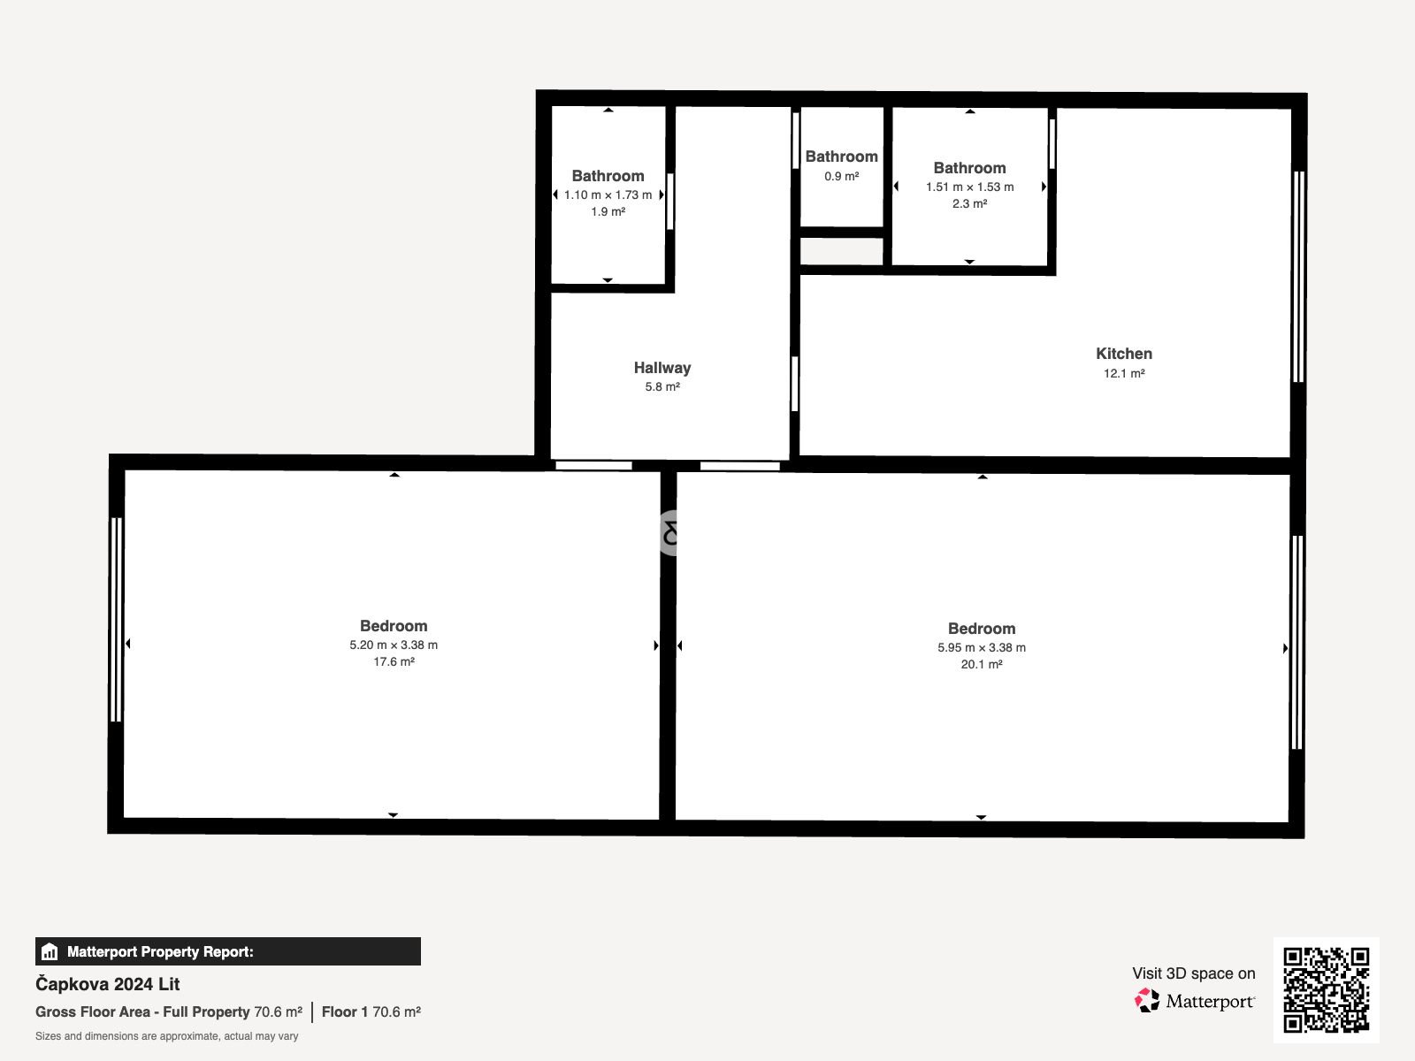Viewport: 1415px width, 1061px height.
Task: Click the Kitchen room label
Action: tap(1124, 354)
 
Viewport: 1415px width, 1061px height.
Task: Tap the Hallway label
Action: tap(662, 368)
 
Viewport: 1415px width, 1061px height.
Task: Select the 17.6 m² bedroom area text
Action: tap(394, 661)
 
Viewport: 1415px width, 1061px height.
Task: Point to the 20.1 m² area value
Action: tap(981, 664)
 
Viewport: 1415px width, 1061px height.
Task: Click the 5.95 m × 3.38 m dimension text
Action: tap(981, 647)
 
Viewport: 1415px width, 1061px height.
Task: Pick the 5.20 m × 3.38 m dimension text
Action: tap(394, 645)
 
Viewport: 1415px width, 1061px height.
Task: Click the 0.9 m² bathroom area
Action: tap(841, 176)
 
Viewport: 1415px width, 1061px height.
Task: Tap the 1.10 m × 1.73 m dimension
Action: tap(608, 195)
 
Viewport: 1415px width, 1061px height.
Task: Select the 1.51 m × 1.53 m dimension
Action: tap(969, 187)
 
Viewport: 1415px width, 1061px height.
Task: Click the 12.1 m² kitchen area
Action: tap(1124, 373)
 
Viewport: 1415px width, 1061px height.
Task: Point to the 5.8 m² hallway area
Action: tap(662, 386)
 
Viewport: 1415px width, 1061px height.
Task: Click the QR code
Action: tap(1326, 990)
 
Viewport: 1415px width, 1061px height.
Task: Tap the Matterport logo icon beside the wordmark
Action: tap(1147, 1001)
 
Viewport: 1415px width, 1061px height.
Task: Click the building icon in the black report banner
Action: tap(50, 951)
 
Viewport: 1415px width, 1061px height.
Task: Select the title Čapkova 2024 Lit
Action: tap(108, 984)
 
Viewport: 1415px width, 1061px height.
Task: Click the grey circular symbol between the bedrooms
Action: tap(669, 533)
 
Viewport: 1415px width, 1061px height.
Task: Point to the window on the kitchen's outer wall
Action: tap(1299, 277)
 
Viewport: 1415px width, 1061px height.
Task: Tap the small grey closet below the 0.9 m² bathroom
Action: tap(841, 251)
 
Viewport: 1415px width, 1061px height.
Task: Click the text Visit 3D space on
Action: tap(1193, 973)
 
